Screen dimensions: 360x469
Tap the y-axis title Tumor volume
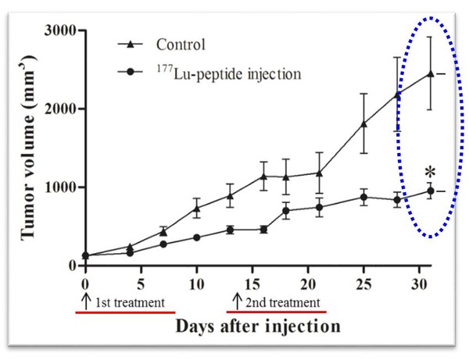[x=23, y=148]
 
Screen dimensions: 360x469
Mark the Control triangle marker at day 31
[x=430, y=74]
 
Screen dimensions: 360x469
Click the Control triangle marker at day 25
[x=363, y=123]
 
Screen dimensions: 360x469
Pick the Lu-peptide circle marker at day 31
[x=430, y=191]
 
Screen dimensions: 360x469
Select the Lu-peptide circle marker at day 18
[x=286, y=210]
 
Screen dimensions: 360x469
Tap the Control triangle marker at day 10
[x=197, y=208]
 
